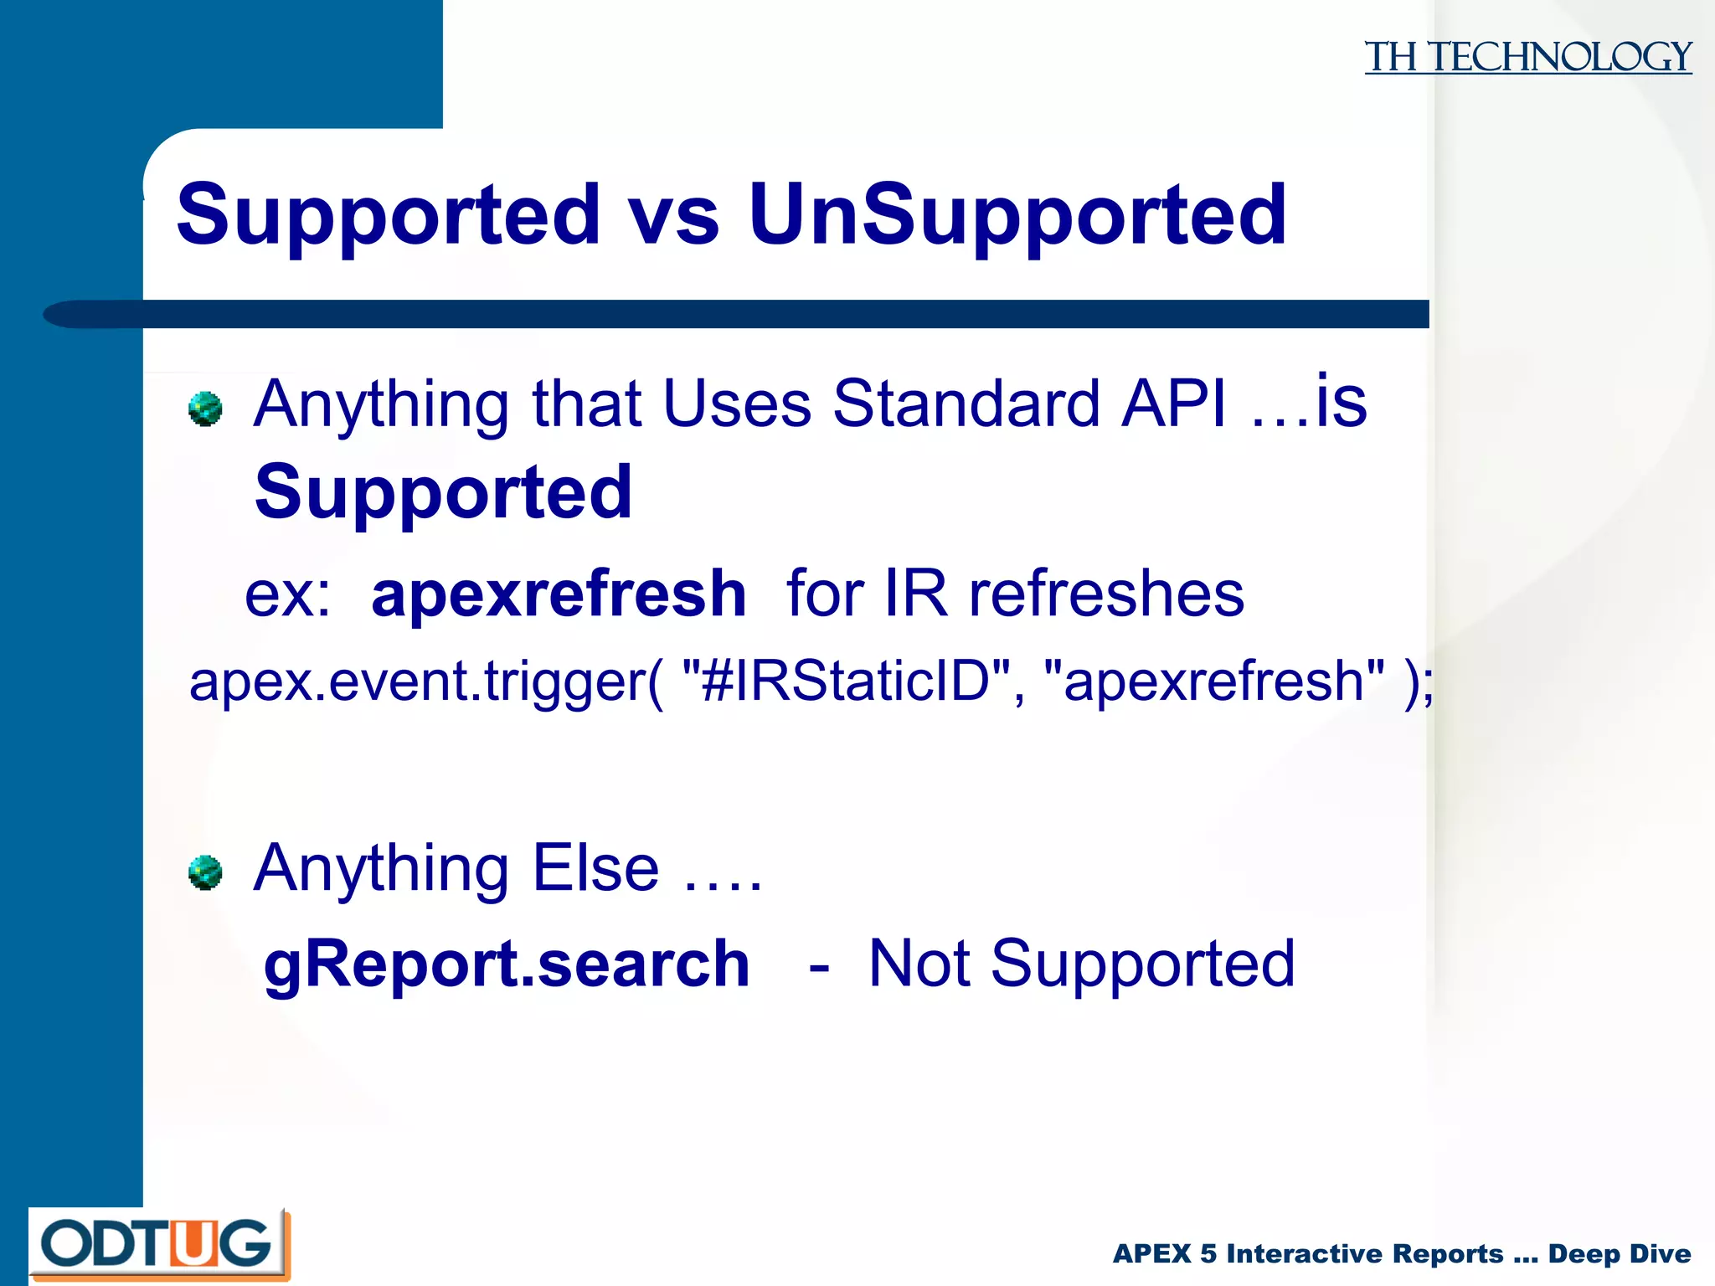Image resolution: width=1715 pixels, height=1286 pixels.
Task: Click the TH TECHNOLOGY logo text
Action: (1527, 57)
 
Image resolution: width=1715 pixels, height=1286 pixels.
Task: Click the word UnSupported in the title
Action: (1017, 215)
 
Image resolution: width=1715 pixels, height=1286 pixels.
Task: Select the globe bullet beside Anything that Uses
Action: (205, 409)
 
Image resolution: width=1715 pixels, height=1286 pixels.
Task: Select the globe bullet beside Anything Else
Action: (205, 872)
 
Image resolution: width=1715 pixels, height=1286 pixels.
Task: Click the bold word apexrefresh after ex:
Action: (559, 593)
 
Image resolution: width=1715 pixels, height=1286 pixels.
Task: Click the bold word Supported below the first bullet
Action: (443, 492)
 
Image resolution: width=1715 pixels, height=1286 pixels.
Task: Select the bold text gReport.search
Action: (506, 964)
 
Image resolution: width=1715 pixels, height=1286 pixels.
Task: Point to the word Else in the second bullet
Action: (595, 868)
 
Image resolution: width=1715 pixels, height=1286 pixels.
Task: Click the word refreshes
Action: (1106, 593)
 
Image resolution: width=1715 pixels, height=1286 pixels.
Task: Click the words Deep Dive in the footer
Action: (1619, 1253)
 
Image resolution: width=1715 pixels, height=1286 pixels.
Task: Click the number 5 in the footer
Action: (1208, 1253)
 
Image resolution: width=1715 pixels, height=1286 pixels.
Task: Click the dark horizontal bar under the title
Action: (754, 314)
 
